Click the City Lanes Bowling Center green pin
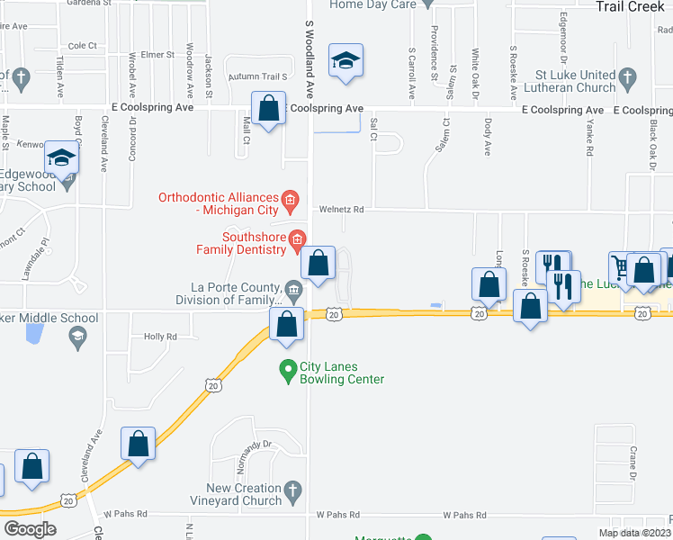[288, 369]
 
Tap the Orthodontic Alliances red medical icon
[290, 198]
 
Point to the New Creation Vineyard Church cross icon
[291, 492]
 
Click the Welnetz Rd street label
[342, 210]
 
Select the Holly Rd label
[160, 337]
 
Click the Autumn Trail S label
[256, 77]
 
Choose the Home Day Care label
[372, 4]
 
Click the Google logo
[30, 529]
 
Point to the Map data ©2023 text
[634, 533]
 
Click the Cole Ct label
[82, 45]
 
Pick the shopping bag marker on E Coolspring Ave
[268, 109]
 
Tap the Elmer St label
[157, 55]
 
